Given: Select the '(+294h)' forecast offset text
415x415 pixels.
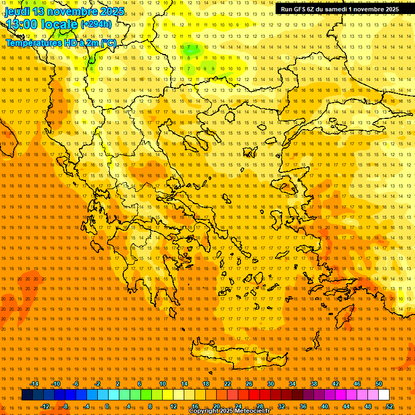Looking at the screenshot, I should click(96, 24).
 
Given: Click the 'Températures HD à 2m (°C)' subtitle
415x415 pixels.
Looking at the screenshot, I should click(61, 43).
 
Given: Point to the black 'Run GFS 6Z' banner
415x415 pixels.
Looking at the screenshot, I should click(340, 9).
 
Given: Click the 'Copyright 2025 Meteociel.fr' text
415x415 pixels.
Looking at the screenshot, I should click(229, 411).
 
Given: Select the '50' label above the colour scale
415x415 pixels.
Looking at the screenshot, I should click(379, 384).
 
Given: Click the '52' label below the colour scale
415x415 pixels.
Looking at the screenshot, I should click(389, 406).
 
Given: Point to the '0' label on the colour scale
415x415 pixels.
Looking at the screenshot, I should click(108, 406).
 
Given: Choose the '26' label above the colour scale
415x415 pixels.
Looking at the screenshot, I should click(249, 384).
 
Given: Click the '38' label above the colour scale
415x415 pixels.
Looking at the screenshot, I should click(314, 384).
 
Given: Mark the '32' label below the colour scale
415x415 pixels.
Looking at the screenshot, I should click(281, 406).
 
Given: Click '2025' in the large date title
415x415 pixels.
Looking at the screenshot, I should click(112, 11).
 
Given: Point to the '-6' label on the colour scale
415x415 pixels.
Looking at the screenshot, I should click(76, 384).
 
